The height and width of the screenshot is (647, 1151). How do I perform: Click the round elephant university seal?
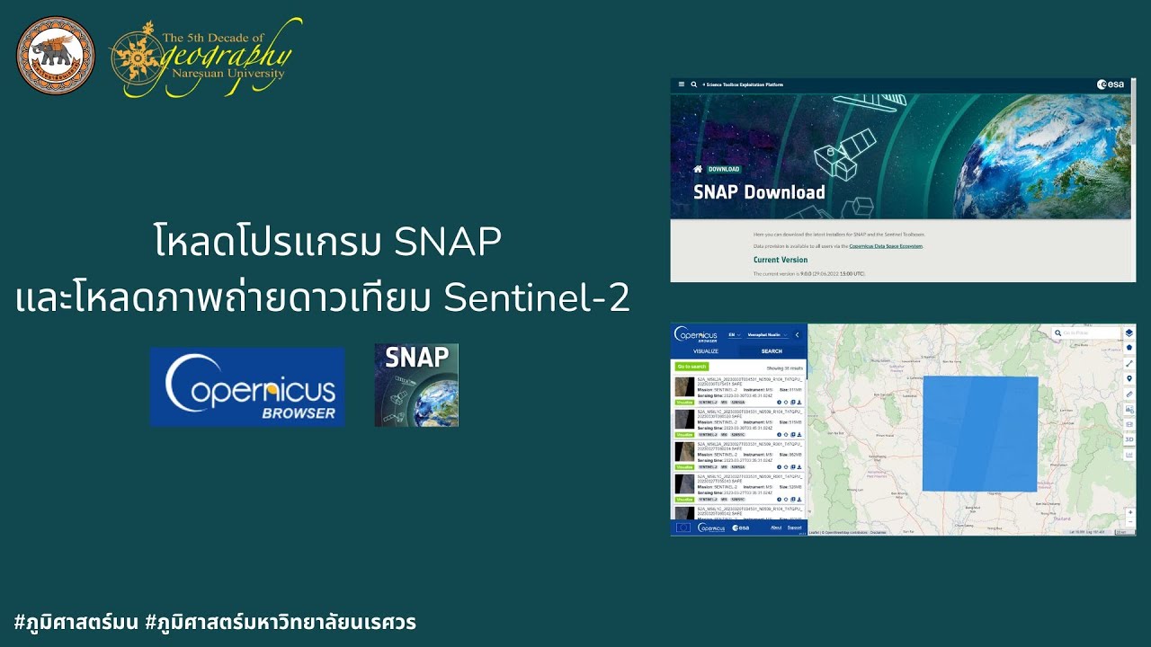point(55,55)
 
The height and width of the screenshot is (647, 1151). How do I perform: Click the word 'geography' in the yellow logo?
point(225,57)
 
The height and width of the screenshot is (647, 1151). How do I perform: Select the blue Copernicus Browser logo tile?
point(247,386)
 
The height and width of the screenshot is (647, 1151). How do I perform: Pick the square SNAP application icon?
point(416,385)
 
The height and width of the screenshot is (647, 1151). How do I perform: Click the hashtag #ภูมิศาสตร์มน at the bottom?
point(76,622)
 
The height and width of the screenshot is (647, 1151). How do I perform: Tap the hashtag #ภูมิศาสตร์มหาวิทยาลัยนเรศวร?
point(280,622)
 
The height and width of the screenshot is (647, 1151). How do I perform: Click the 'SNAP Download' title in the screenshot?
point(759,192)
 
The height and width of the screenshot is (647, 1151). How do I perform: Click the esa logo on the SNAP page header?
point(1111,84)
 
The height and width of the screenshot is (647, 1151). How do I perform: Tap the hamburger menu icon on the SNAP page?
point(682,84)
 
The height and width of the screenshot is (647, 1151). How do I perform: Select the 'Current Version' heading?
point(781,260)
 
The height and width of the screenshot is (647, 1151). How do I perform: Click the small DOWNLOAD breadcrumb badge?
point(724,169)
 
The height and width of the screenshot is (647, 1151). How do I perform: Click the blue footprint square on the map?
point(980,434)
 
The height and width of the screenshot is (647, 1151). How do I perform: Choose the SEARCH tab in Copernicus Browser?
point(772,351)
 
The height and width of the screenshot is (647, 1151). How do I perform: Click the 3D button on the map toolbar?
point(1129,439)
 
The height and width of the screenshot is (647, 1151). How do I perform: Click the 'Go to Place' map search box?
point(1084,333)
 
